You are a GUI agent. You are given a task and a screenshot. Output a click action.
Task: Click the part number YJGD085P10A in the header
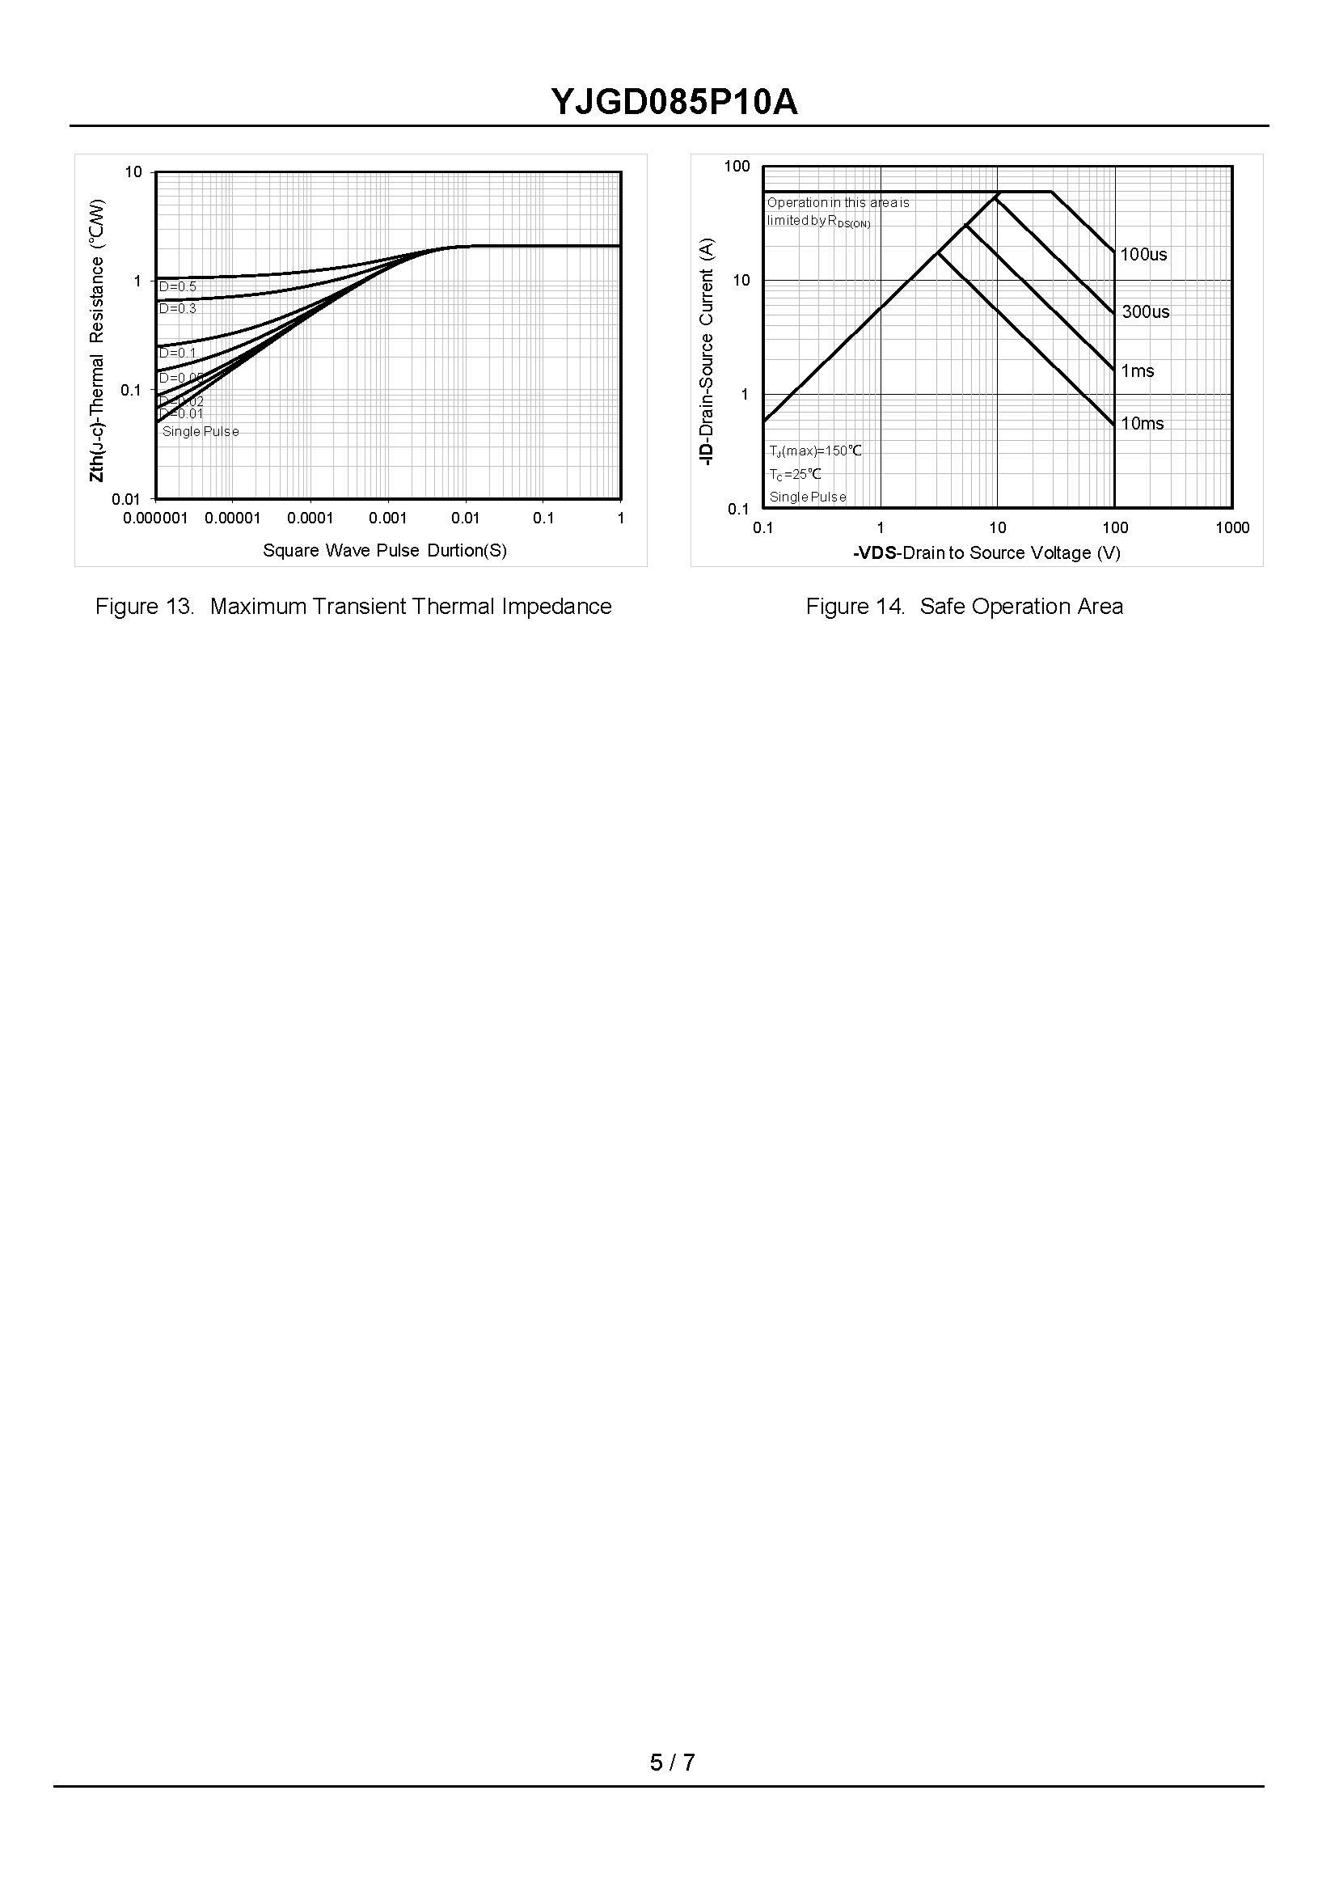[674, 103]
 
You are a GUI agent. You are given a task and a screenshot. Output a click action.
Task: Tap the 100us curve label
[1143, 255]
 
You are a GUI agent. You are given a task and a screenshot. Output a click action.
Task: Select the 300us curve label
[1145, 311]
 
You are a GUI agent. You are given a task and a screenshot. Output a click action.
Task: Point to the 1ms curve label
[1137, 371]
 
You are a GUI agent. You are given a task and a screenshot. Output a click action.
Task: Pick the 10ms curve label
[1142, 424]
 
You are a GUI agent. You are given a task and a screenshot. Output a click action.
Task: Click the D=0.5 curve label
[177, 287]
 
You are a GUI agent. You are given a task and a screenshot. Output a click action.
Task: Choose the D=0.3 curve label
[177, 308]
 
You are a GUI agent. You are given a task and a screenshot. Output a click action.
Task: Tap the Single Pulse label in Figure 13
[201, 431]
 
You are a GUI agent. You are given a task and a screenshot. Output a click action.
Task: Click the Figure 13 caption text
[353, 606]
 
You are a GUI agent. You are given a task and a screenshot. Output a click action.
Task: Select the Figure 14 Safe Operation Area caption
[964, 606]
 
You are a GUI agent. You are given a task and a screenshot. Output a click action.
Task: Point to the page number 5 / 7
[672, 1763]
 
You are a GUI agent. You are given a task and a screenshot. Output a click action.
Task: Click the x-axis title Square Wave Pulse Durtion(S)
[384, 550]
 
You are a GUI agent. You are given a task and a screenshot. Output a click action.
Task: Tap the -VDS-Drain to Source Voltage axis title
[986, 552]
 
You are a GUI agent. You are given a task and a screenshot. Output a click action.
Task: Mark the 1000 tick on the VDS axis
[1231, 528]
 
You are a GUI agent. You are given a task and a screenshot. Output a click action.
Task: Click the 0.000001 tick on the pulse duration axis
[155, 518]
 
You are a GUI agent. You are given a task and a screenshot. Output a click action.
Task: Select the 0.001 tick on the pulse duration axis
[387, 518]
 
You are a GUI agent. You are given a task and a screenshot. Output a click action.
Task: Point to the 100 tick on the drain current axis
[737, 167]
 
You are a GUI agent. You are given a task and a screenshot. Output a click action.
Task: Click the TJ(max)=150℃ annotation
[814, 451]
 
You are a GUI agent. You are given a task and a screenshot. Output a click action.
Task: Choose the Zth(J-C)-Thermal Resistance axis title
[97, 340]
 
